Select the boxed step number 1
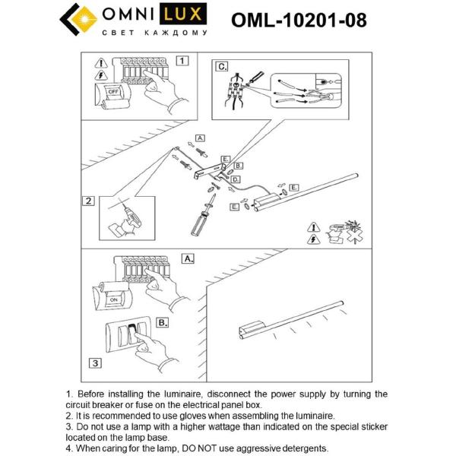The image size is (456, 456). point(182,60)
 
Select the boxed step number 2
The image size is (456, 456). point(89,201)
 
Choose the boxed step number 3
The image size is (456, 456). point(94,363)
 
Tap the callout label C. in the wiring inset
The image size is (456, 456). point(222,67)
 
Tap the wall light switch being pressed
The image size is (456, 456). point(133,335)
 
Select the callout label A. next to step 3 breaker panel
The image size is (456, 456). point(188,258)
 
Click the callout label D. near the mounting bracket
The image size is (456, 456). point(236,179)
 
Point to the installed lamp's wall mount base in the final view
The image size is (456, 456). point(249,328)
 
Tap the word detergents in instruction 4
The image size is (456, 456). point(302,448)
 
